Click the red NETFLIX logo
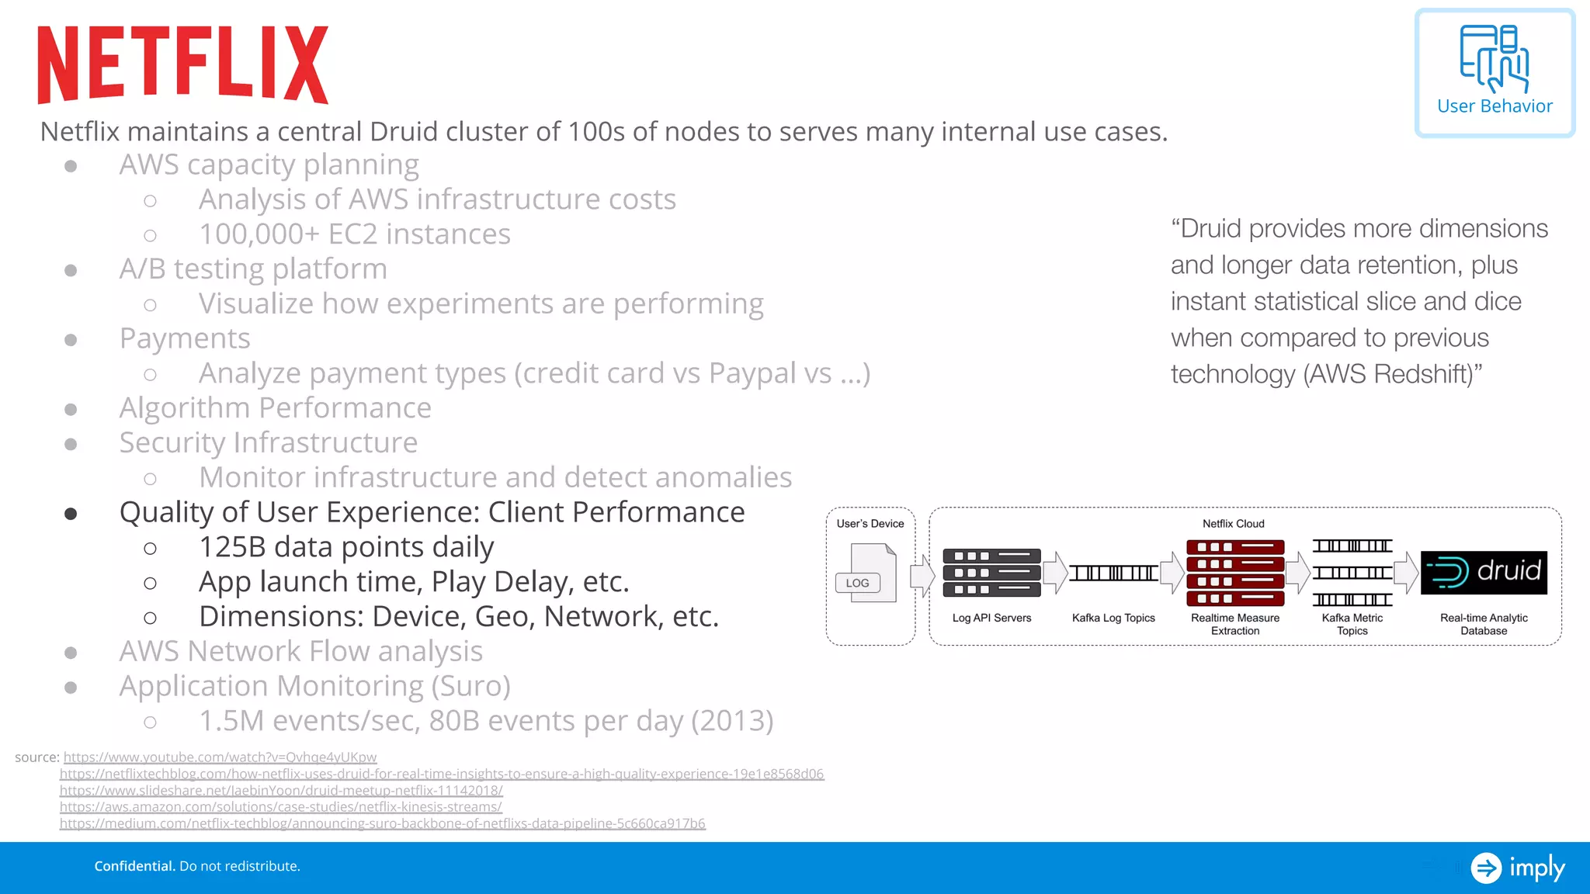point(183,64)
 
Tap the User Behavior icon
point(1495,58)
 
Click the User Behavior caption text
point(1495,106)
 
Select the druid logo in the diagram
point(1484,573)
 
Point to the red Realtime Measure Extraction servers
point(1235,573)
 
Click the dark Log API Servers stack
point(991,573)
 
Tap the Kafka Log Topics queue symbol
point(1113,573)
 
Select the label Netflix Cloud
point(1233,524)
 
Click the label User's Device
point(870,524)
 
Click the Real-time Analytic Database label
point(1483,624)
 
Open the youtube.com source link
point(220,757)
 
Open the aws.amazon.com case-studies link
point(280,807)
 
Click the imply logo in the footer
point(1519,868)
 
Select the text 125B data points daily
point(346,547)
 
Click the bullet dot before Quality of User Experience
point(71,514)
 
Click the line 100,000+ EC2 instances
point(354,234)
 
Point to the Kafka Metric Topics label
point(1352,624)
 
